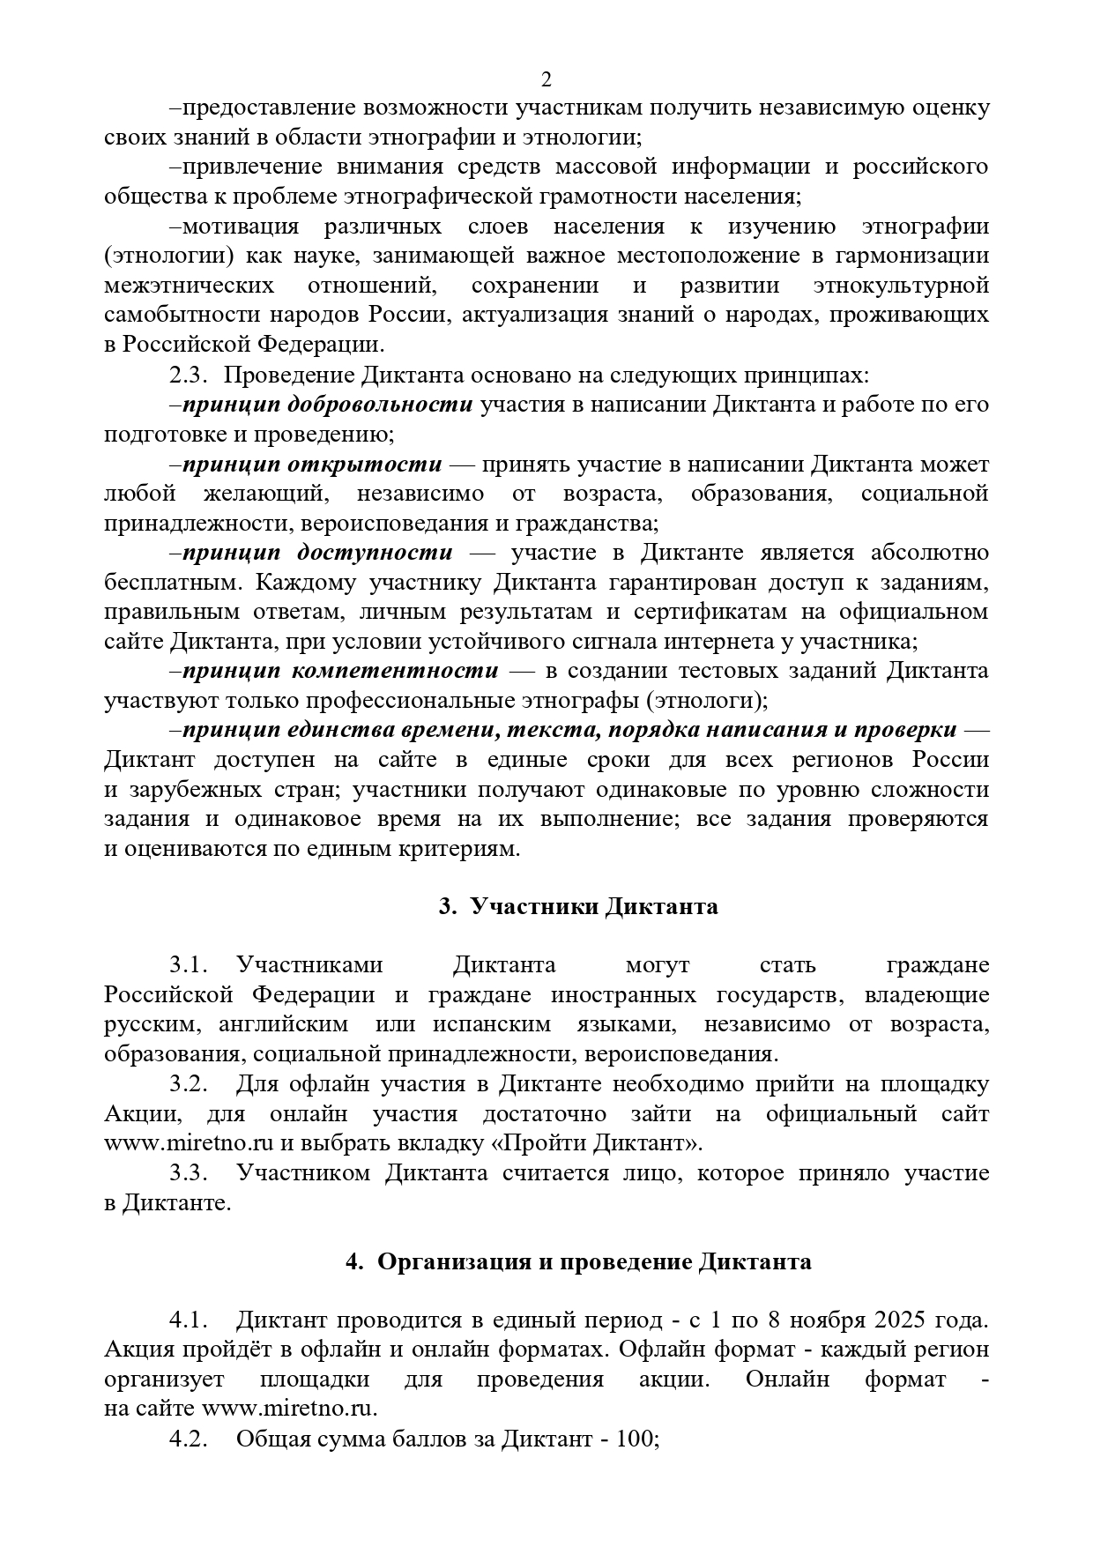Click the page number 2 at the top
click(x=546, y=79)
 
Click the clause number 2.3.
click(x=188, y=376)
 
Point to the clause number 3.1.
click(x=188, y=966)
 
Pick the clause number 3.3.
click(x=188, y=1173)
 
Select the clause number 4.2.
click(x=188, y=1439)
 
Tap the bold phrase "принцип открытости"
click(x=313, y=464)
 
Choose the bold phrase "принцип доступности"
click(x=318, y=553)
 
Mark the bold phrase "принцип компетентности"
click(x=340, y=671)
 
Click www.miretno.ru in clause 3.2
click(x=190, y=1144)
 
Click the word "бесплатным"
click(x=174, y=583)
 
